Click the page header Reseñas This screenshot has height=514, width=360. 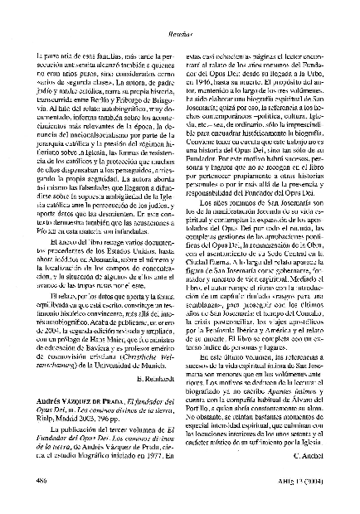(x=180, y=14)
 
